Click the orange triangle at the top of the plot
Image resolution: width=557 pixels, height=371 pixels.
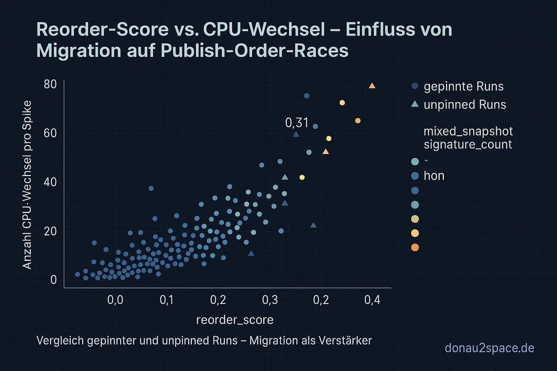coord(372,86)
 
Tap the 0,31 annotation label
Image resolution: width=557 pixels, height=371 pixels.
coord(297,123)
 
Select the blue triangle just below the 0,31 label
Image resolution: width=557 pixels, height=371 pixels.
coord(296,134)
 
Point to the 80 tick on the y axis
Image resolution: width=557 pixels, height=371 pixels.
coord(50,84)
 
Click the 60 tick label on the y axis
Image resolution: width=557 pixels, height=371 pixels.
coord(50,133)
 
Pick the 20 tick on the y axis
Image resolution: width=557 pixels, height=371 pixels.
coord(50,231)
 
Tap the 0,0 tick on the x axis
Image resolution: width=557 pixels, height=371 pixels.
coord(115,300)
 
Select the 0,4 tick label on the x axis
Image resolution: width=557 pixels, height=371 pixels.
coord(372,300)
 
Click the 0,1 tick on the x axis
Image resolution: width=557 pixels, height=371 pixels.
coord(166,300)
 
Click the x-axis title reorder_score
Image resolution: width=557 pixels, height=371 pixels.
coord(235,320)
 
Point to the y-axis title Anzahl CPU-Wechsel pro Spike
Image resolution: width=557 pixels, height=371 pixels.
coord(27,185)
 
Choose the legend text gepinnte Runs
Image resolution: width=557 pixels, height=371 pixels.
coord(463,87)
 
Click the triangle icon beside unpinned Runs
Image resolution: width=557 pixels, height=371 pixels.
coord(415,104)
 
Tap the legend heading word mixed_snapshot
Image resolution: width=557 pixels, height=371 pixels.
coord(468,131)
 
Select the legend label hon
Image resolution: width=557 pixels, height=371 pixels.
coord(434,176)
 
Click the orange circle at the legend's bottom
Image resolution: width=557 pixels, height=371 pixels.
coord(415,247)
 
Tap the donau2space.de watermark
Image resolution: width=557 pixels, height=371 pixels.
coord(489,348)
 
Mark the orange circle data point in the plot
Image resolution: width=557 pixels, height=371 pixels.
coord(358,121)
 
